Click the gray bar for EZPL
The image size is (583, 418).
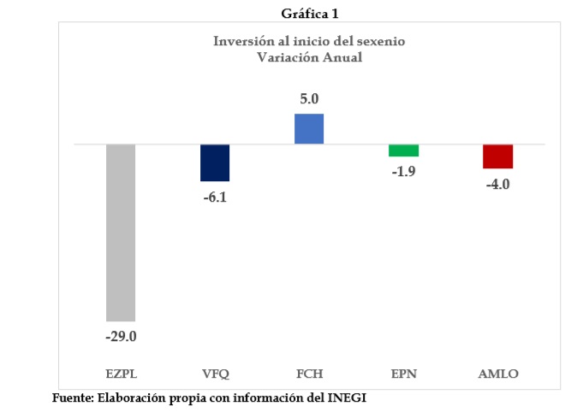pos(121,233)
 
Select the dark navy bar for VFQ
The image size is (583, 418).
pos(215,162)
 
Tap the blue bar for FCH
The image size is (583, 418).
pos(309,128)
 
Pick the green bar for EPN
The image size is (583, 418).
pos(403,150)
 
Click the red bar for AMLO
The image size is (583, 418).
pos(497,156)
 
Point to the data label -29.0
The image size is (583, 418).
pos(121,336)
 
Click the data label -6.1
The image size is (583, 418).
pos(215,197)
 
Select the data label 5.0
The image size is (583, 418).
pos(309,99)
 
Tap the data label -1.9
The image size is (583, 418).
pos(403,172)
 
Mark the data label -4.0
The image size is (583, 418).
pos(497,185)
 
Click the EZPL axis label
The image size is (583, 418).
pos(121,374)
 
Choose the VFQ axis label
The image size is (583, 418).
pos(215,374)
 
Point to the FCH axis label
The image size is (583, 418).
pos(309,374)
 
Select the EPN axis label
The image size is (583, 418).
pos(403,374)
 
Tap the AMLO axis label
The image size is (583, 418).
pos(497,374)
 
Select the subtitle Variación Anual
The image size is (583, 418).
pos(309,57)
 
